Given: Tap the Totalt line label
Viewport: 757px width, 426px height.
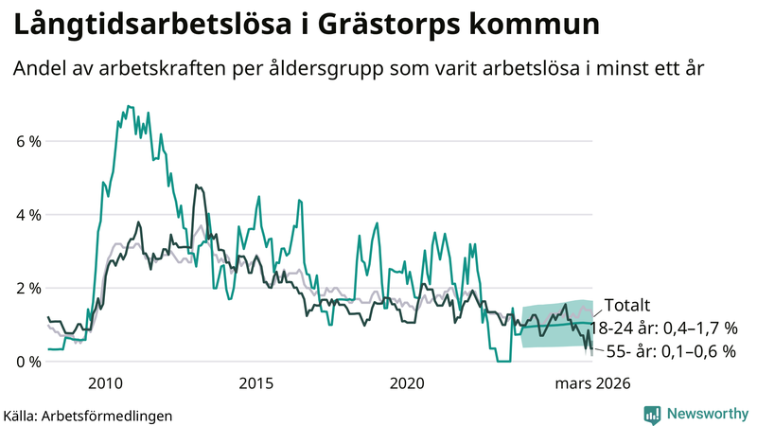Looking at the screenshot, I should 627,306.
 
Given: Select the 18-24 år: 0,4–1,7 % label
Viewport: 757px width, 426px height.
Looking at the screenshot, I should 662,328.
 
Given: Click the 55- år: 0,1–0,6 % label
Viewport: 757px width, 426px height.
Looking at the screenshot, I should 670,351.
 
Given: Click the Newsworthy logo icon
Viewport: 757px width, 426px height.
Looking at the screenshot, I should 652,414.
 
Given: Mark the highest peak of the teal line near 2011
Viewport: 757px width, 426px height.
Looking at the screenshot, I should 129,106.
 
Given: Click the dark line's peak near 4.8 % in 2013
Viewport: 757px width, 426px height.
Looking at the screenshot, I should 196,186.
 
